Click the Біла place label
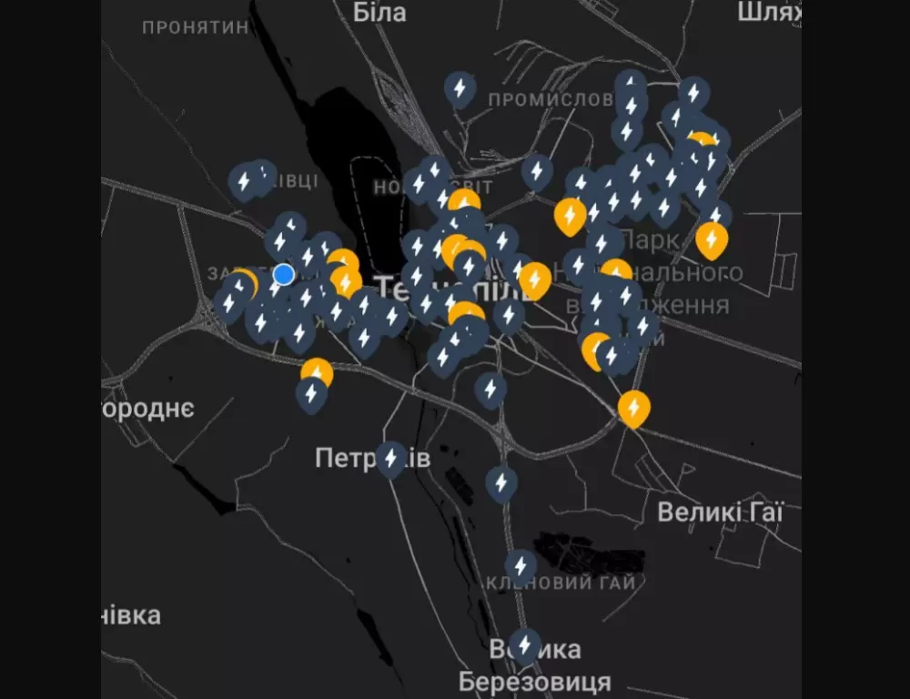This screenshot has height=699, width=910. click(x=379, y=12)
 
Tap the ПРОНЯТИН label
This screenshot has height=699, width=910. click(x=196, y=27)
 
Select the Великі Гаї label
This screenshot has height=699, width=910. click(x=720, y=512)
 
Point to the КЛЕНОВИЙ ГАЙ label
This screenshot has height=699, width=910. click(x=561, y=583)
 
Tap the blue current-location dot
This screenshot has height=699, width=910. click(x=284, y=274)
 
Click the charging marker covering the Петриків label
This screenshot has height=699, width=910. click(x=391, y=458)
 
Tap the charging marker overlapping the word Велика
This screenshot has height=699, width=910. click(x=524, y=644)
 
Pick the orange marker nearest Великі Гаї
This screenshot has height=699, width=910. click(x=634, y=408)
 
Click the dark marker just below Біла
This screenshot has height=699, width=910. click(x=460, y=88)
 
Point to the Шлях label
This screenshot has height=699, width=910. click(x=770, y=12)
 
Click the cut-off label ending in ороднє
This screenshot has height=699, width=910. click(x=148, y=408)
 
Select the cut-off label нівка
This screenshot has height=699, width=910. click(x=131, y=615)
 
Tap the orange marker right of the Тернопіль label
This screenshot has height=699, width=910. click(x=535, y=279)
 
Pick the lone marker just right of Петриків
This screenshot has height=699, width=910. click(x=501, y=482)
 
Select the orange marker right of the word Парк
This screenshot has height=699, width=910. click(x=712, y=239)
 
